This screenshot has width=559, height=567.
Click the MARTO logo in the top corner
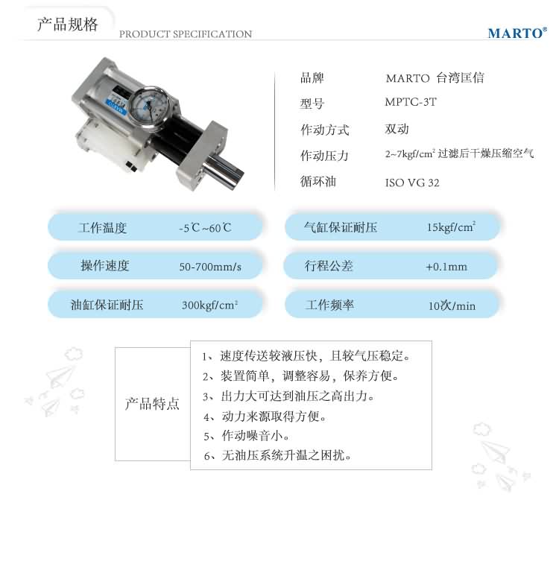517,33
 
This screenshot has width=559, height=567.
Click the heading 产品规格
67,25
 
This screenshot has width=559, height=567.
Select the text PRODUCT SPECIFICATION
186,34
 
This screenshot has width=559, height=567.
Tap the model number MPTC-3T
411,102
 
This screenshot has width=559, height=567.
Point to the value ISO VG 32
412,183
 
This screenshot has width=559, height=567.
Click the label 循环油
318,181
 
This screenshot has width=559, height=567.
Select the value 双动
397,129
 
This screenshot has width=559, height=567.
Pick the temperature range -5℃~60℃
205,228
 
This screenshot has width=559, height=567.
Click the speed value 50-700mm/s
210,267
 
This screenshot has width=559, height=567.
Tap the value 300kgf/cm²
209,305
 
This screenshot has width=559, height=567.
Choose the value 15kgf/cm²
451,227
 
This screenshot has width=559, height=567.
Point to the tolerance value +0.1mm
446,267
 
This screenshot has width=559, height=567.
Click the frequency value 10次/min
452,306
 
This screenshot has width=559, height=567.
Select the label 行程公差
329,266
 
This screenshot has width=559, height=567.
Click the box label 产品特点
152,404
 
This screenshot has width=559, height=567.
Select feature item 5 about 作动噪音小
246,436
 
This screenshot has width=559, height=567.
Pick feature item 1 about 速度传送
306,356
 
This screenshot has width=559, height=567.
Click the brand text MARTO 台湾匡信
435,77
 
